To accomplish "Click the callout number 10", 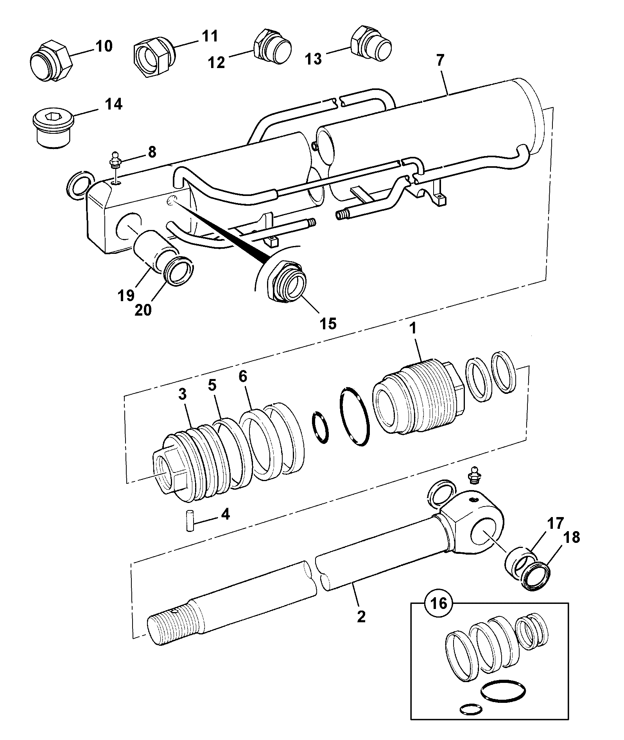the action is [103, 46].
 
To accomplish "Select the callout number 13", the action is [313, 59].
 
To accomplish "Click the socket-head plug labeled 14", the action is [52, 126].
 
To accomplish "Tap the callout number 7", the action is [440, 61].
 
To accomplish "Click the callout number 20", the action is [143, 310].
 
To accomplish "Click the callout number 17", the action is [556, 523].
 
